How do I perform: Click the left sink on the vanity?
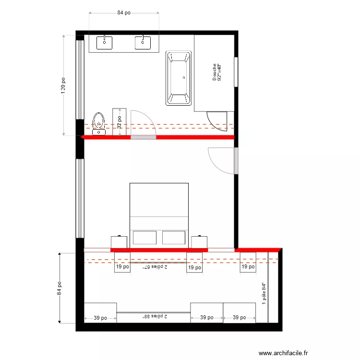coord(105,42)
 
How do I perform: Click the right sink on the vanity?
coord(142,42)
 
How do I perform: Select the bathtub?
coord(179,78)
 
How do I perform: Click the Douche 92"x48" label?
coord(216,72)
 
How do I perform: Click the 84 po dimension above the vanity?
coord(124,13)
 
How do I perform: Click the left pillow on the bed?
coord(144,238)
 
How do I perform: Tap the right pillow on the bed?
coord(174,238)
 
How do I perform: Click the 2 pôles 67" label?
coord(155,267)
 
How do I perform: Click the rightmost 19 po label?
coord(248,266)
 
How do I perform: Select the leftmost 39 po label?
coord(100,318)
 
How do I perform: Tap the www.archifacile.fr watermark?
coord(283,353)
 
